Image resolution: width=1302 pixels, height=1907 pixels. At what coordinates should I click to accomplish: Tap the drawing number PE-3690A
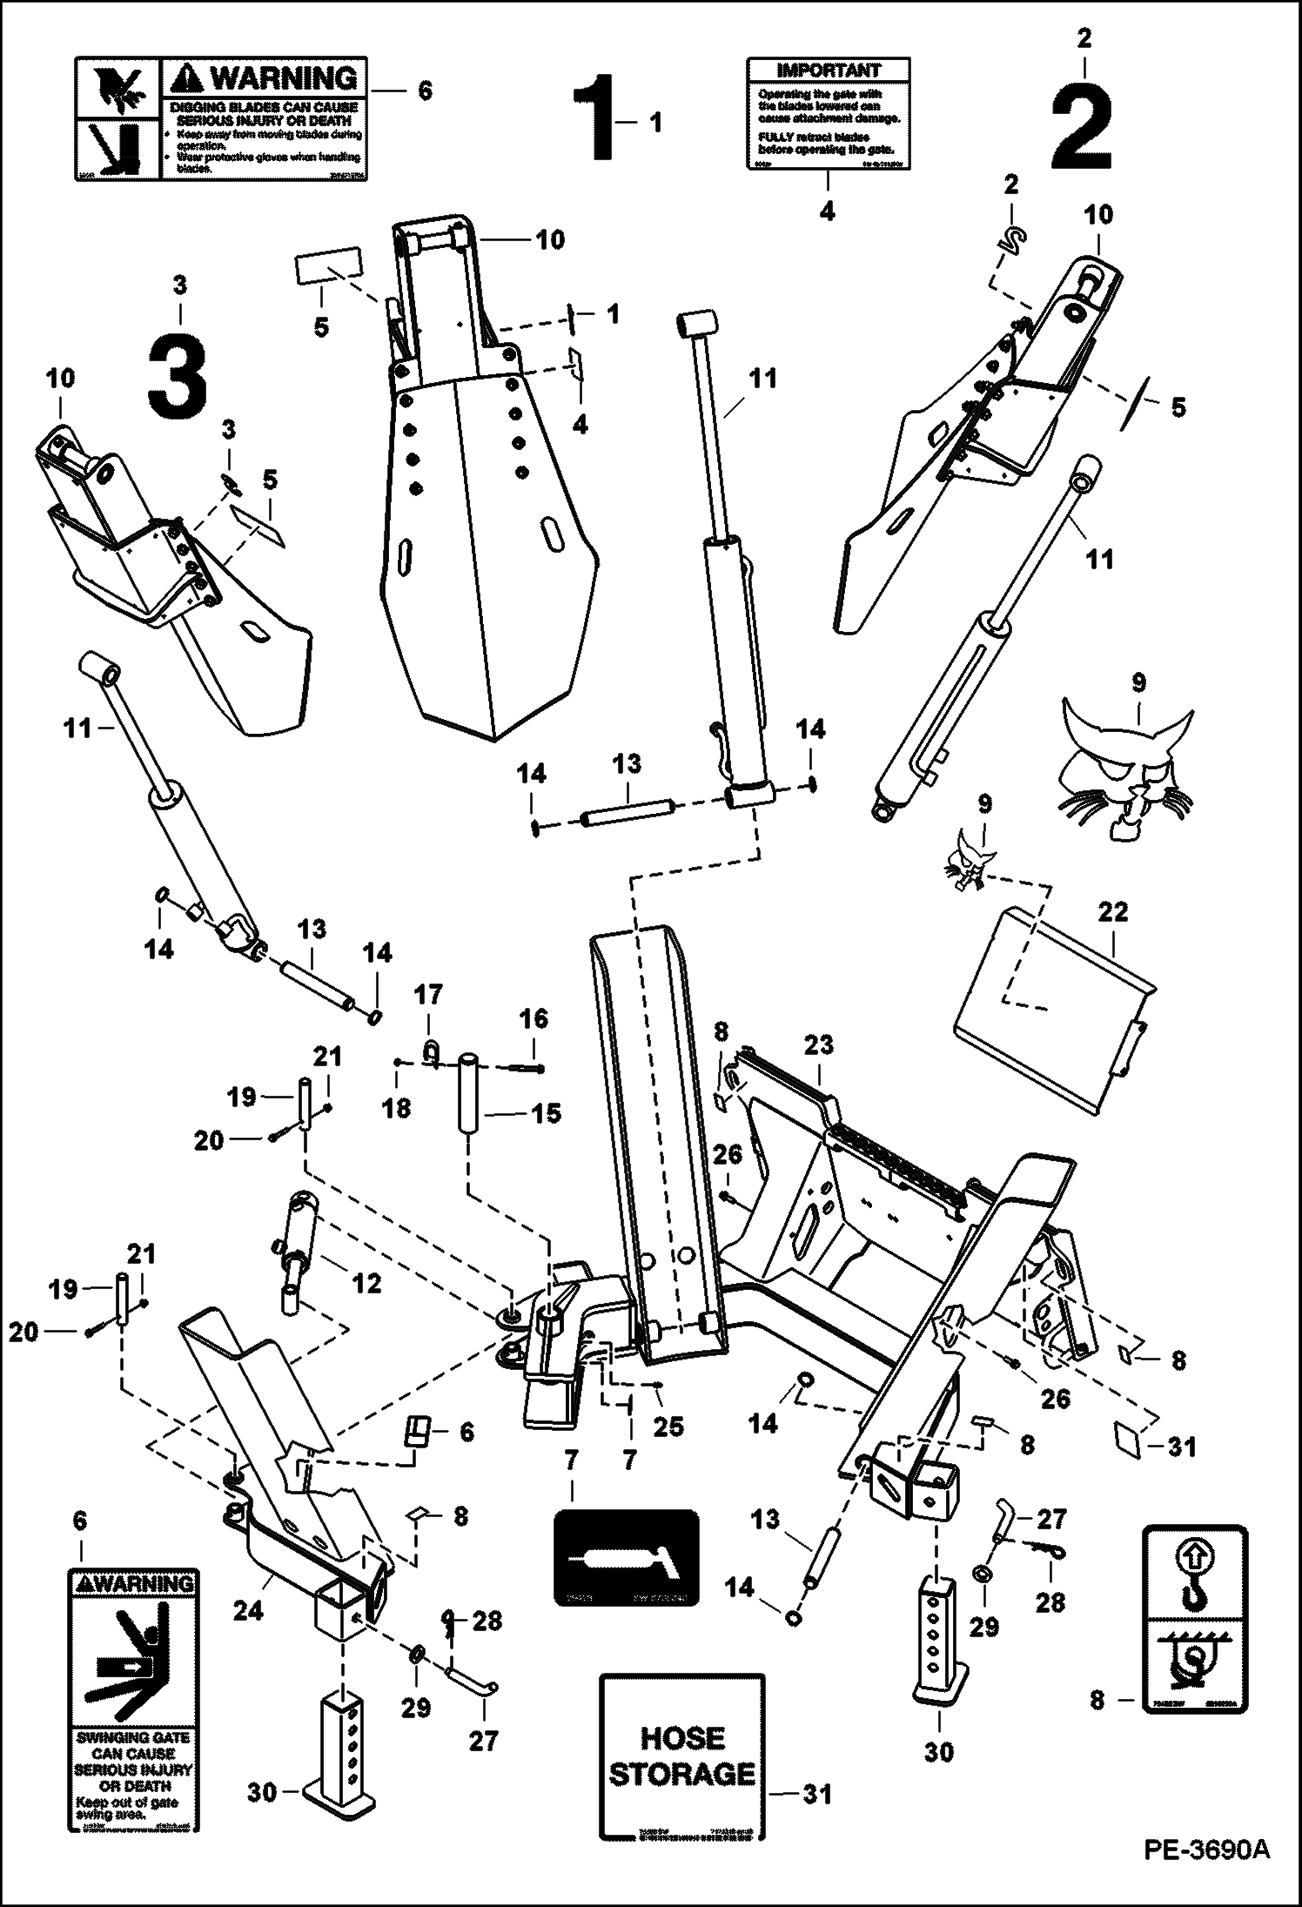1211,1873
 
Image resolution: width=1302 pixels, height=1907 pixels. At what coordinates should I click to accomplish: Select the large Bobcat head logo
1126,758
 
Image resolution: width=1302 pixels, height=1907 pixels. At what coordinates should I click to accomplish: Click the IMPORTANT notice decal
829,113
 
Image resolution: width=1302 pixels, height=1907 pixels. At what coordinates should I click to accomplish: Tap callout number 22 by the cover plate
1113,913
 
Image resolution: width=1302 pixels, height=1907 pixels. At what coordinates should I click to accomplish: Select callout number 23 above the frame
819,1045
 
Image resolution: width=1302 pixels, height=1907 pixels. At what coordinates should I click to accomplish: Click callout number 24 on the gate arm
248,1611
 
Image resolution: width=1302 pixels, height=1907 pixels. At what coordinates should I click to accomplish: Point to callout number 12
366,1283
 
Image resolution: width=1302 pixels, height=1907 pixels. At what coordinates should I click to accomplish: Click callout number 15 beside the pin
546,1113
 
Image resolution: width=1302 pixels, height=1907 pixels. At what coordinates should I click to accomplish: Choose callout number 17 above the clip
428,995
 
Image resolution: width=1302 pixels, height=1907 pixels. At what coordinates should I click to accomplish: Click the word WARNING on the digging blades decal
285,80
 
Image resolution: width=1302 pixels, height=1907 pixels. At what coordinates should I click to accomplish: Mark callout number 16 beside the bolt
534,1019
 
